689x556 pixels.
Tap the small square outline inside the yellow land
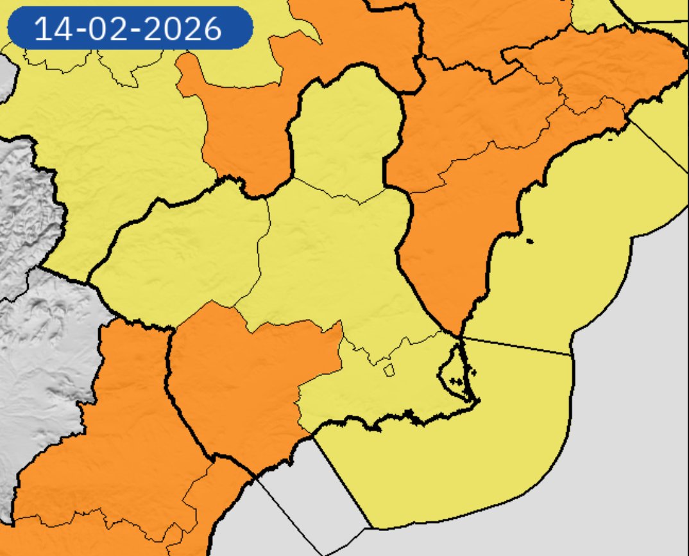[x=388, y=369]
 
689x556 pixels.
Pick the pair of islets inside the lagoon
[x=457, y=381]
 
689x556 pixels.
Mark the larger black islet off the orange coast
[x=529, y=241]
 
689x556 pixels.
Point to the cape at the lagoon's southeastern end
[x=478, y=402]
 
